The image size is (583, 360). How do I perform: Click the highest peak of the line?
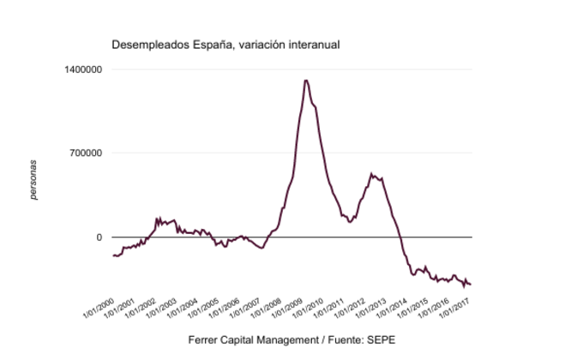(306, 80)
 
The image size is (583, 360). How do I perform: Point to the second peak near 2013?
(372, 174)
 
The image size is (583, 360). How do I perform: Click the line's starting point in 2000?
(113, 255)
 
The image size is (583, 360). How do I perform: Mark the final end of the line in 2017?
(471, 285)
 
